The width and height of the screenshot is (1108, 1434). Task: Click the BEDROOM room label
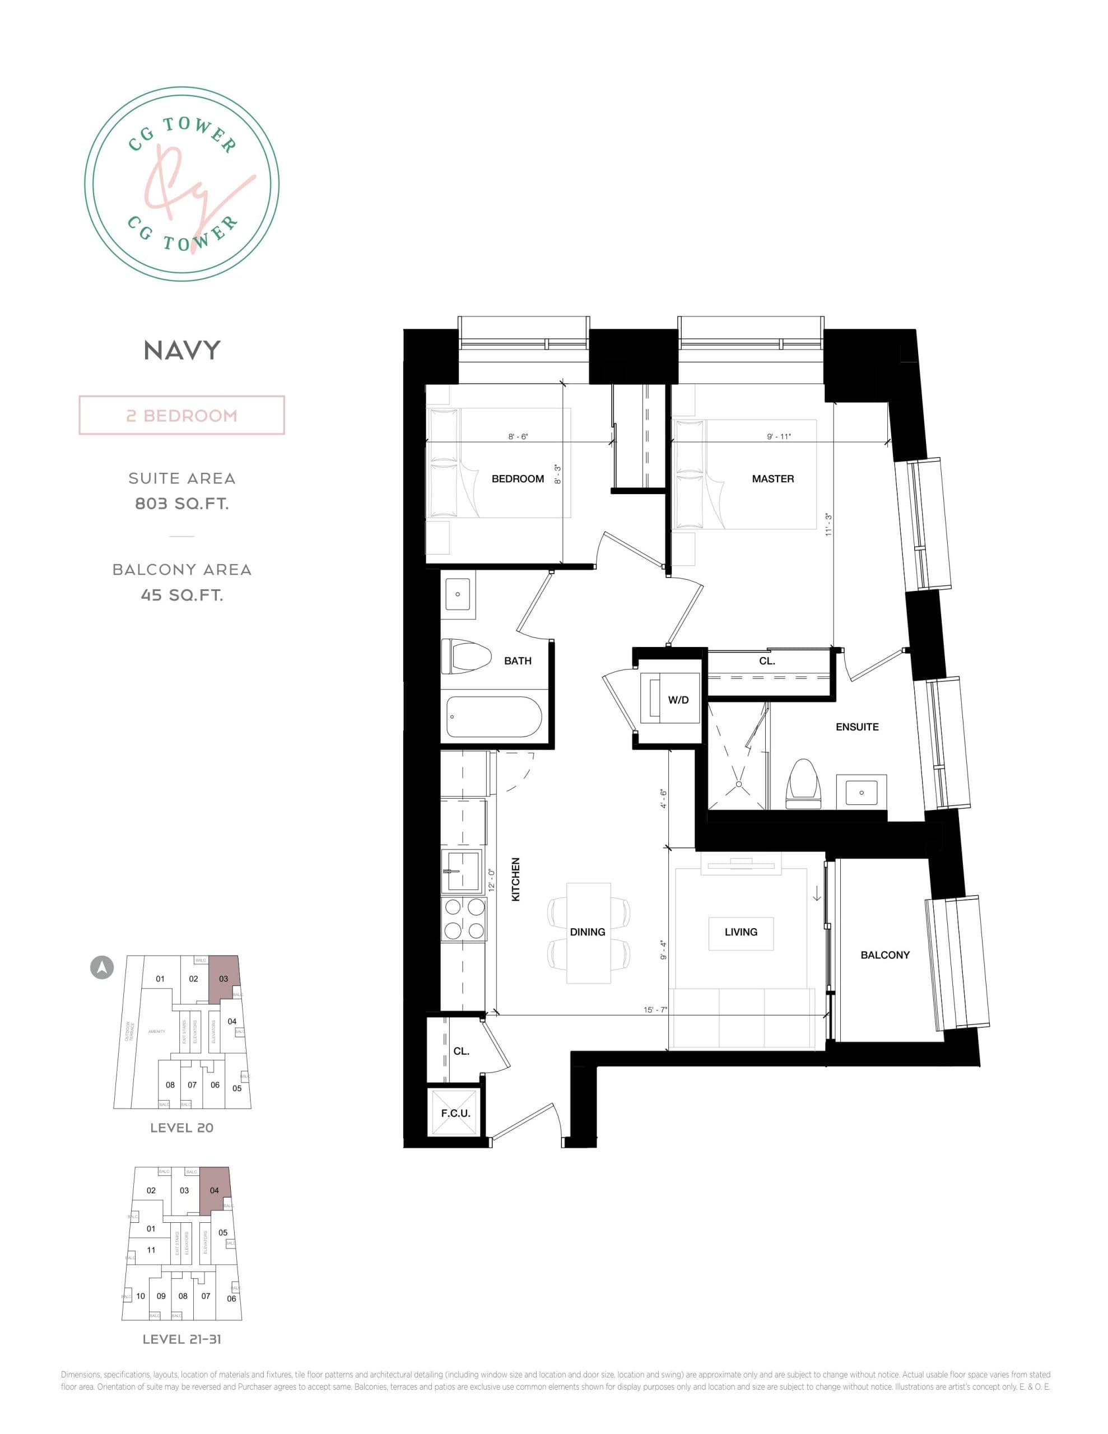[x=518, y=479]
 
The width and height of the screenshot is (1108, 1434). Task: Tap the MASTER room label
[x=772, y=479]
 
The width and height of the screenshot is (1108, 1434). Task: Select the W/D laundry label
[x=678, y=700]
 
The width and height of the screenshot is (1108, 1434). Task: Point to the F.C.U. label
[x=455, y=1114]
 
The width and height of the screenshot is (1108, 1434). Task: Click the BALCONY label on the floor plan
[x=884, y=955]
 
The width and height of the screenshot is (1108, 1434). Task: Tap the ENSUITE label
[x=856, y=727]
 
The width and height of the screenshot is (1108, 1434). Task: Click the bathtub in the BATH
[x=494, y=717]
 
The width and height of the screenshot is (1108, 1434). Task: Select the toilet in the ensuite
[x=804, y=783]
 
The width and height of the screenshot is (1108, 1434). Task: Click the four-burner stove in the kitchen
[x=464, y=919]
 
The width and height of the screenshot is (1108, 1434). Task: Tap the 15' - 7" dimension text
[x=655, y=1010]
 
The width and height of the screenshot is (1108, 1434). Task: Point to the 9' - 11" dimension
[x=779, y=436]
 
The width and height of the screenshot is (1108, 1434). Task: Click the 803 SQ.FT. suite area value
[x=182, y=504]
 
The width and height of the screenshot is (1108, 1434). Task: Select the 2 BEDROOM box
[x=182, y=416]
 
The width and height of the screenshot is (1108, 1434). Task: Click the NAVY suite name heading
[x=182, y=351]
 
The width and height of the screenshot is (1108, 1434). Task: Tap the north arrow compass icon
[x=102, y=967]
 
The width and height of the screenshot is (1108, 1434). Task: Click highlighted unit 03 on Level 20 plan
[x=224, y=979]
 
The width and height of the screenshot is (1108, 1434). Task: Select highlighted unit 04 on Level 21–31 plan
[x=215, y=1190]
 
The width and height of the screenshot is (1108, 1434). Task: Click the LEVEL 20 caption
[x=182, y=1128]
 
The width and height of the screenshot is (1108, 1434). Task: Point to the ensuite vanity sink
[x=861, y=793]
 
